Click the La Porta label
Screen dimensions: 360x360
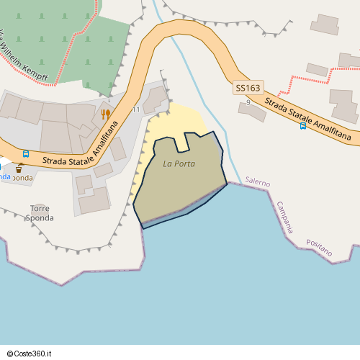click(x=179, y=163)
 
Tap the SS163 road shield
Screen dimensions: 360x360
click(x=248, y=88)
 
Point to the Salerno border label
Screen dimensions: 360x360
click(x=257, y=183)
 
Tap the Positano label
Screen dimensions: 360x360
click(x=319, y=248)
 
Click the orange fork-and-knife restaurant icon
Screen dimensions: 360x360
click(x=104, y=114)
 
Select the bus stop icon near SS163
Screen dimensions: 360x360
click(x=303, y=125)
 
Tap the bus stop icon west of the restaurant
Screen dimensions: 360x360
click(x=26, y=153)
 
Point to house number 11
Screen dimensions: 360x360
click(x=136, y=109)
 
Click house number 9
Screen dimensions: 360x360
click(x=248, y=102)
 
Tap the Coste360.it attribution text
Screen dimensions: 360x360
click(x=37, y=354)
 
